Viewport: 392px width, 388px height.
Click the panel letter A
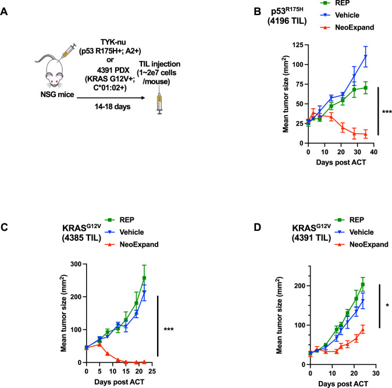click(3, 12)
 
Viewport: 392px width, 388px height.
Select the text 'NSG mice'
click(57, 94)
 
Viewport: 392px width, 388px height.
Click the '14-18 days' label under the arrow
click(112, 107)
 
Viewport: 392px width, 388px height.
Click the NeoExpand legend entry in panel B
click(347, 27)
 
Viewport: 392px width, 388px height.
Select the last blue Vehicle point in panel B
click(366, 56)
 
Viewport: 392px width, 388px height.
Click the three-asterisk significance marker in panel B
click(387, 112)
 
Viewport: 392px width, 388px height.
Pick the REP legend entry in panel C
click(119, 220)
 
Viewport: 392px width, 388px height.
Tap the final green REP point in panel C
click(144, 278)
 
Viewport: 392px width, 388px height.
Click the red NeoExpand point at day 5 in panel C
click(99, 344)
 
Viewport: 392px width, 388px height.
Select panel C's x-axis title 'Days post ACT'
click(119, 382)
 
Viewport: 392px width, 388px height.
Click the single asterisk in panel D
click(387, 305)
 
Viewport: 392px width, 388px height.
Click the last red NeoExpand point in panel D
click(363, 329)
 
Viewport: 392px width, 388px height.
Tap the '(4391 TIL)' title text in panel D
click(311, 237)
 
